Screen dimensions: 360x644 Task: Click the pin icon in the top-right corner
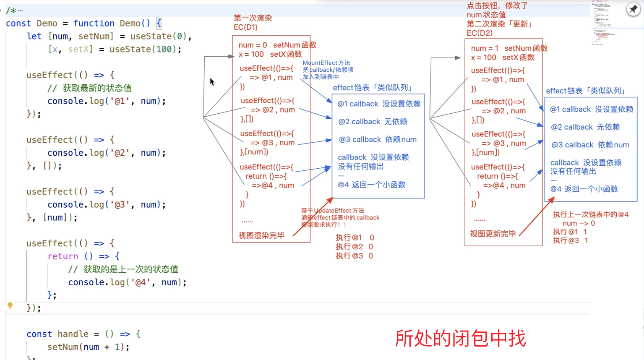tap(633, 9)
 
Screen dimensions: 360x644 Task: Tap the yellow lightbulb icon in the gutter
tap(10, 305)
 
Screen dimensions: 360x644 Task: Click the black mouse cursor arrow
tap(212, 81)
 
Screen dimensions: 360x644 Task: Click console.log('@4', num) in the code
tap(127, 282)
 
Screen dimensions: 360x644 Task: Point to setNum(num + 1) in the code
tap(88, 347)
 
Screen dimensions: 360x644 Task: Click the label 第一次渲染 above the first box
tap(253, 18)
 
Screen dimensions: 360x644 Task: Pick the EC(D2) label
tap(479, 33)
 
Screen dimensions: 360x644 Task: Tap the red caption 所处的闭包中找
tap(460, 338)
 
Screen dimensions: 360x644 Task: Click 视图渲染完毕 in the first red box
tap(261, 235)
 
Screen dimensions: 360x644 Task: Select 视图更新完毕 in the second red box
tap(493, 234)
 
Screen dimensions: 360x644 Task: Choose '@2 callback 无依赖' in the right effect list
tap(585, 127)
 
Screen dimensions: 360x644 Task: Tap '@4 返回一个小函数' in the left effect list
tap(371, 185)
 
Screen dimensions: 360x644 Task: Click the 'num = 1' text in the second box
tap(485, 48)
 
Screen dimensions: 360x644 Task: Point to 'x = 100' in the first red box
tap(251, 54)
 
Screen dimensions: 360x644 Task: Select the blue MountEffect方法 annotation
tap(326, 63)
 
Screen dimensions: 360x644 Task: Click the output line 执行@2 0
tap(354, 247)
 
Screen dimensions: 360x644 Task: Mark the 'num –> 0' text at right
tap(579, 223)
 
